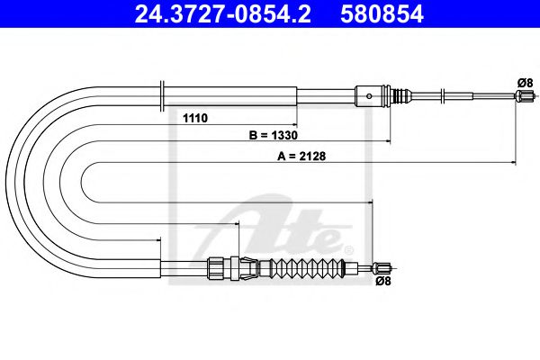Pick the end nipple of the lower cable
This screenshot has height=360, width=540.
[382, 266]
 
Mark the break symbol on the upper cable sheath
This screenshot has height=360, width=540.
[161, 93]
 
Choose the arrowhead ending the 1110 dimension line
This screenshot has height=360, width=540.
[294, 124]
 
